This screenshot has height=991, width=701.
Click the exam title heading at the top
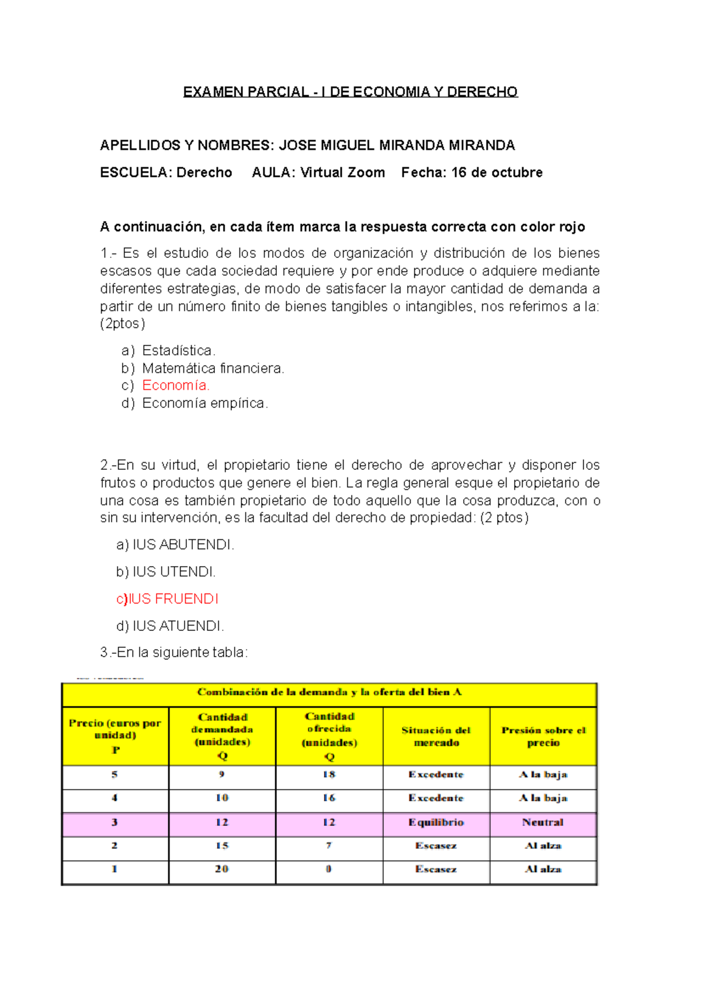click(x=350, y=92)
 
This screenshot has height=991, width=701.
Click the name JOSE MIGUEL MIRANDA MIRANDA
click(x=397, y=145)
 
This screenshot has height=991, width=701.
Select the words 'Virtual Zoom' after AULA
click(x=342, y=173)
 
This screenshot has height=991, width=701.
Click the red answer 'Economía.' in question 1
click(x=176, y=386)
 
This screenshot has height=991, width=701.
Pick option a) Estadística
click(x=178, y=351)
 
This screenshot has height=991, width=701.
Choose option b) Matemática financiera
click(x=213, y=368)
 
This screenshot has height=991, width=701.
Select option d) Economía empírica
click(x=204, y=403)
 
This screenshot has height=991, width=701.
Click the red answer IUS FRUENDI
click(x=173, y=599)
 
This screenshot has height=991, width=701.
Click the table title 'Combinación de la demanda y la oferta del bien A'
click(x=329, y=692)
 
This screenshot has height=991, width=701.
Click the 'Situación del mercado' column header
click(x=436, y=737)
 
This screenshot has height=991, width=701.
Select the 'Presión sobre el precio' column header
click(x=543, y=737)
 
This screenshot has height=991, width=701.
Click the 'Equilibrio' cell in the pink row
click(x=436, y=822)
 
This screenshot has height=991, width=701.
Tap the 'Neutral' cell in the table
click(x=543, y=822)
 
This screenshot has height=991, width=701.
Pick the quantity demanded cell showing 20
click(x=221, y=869)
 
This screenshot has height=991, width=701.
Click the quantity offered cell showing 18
click(x=329, y=774)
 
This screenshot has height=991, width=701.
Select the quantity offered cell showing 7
click(x=329, y=846)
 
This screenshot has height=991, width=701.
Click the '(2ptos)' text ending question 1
click(x=123, y=324)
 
